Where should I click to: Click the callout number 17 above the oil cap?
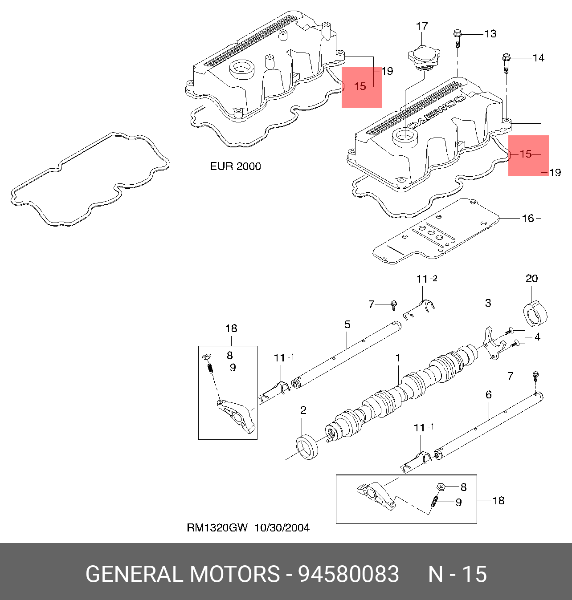tap(421, 26)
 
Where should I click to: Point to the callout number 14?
tap(538, 57)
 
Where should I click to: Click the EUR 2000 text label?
tap(235, 166)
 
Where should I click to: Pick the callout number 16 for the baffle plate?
tap(527, 218)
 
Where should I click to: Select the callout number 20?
tap(531, 279)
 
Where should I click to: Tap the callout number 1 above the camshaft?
tap(398, 357)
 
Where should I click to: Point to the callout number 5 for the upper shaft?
tap(347, 324)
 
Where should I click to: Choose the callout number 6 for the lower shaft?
tap(488, 394)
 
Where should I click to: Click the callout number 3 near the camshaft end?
tap(488, 303)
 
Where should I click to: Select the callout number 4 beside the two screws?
tap(537, 337)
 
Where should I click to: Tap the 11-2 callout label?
tap(426, 279)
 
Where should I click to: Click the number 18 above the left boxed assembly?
tap(231, 328)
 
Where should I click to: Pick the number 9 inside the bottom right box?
tap(458, 502)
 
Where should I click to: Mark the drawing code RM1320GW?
tap(217, 527)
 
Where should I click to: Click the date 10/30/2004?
tap(282, 527)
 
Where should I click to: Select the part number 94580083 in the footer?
tap(348, 574)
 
